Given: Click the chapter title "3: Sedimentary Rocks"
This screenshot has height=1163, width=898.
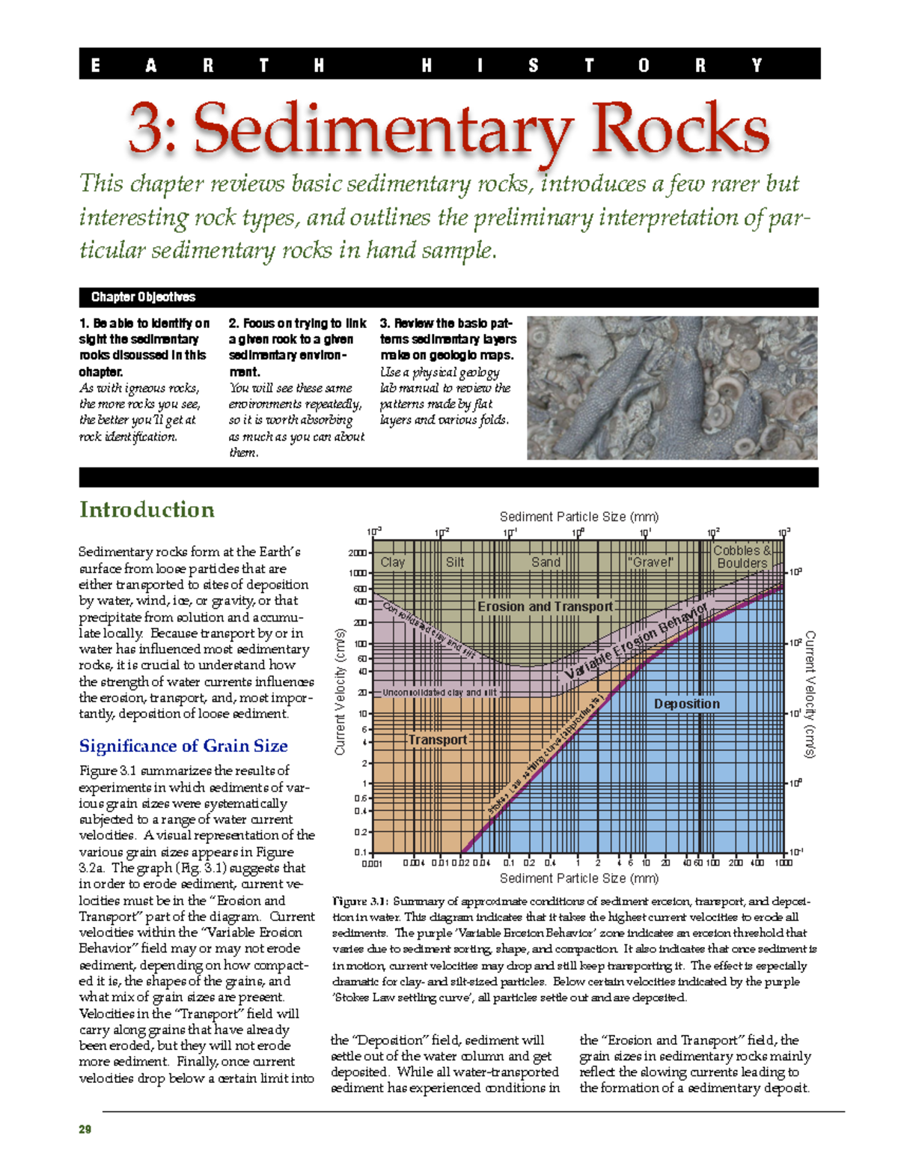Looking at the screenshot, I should (449, 130).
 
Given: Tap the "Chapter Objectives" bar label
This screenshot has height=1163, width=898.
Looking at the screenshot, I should (143, 297).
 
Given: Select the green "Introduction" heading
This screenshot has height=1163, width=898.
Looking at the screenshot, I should (147, 510).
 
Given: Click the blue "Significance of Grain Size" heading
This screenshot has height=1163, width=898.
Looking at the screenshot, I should (183, 746).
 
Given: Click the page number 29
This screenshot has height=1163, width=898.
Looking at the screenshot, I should (85, 1129).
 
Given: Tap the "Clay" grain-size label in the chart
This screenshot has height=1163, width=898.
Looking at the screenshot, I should (392, 562).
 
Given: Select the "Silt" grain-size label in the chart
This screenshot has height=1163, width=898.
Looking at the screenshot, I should (454, 562).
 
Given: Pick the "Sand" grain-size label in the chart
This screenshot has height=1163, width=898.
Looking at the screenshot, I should (546, 562).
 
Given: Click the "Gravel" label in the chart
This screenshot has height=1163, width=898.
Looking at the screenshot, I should (650, 562).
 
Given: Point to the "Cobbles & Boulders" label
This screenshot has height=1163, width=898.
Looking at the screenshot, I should (742, 557).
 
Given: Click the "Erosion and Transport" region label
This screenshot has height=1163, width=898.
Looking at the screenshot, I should (545, 607).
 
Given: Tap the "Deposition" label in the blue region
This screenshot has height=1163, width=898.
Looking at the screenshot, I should (686, 704).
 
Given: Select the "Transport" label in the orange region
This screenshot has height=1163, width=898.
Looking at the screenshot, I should (437, 740).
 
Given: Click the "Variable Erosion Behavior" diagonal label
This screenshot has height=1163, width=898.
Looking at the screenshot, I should (636, 643).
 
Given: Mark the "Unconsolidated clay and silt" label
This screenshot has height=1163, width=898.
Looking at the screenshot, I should (439, 693).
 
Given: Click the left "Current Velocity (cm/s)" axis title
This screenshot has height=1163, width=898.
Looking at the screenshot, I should (340, 691).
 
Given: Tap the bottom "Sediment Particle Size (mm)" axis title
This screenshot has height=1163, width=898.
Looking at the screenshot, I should (578, 878).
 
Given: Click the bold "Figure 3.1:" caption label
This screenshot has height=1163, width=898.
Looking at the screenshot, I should (360, 902).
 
